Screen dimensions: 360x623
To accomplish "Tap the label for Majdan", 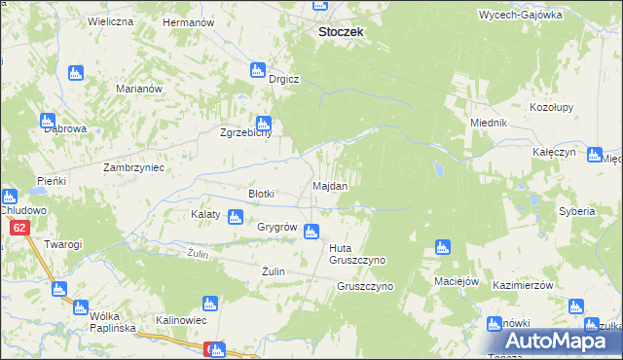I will (x=329, y=185).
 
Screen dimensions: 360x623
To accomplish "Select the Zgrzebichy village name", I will (x=244, y=135).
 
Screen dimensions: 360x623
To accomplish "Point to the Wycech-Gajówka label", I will (x=521, y=16).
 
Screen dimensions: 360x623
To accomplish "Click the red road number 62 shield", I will (x=19, y=228).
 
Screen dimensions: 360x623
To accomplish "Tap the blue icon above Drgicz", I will (x=258, y=70).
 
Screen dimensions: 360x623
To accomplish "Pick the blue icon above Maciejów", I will (x=442, y=247).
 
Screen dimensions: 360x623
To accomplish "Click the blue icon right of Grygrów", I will (x=311, y=232).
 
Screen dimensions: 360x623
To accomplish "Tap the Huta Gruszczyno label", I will (x=358, y=254).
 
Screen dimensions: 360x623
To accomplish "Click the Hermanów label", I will (x=188, y=21).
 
